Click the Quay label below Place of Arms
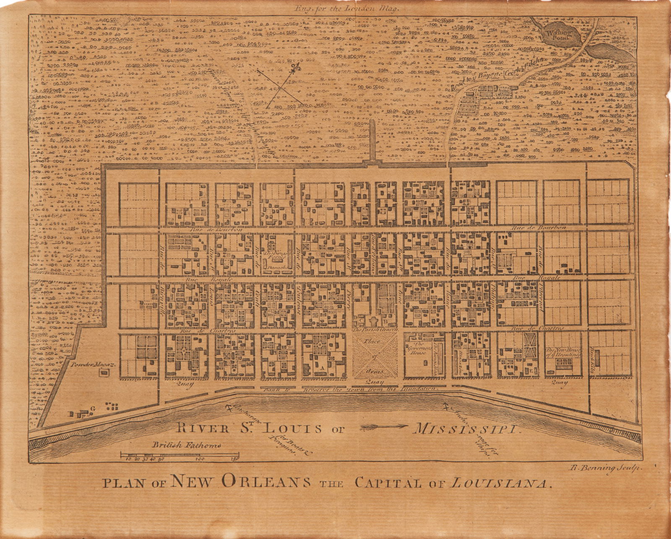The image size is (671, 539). click(x=372, y=382)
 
